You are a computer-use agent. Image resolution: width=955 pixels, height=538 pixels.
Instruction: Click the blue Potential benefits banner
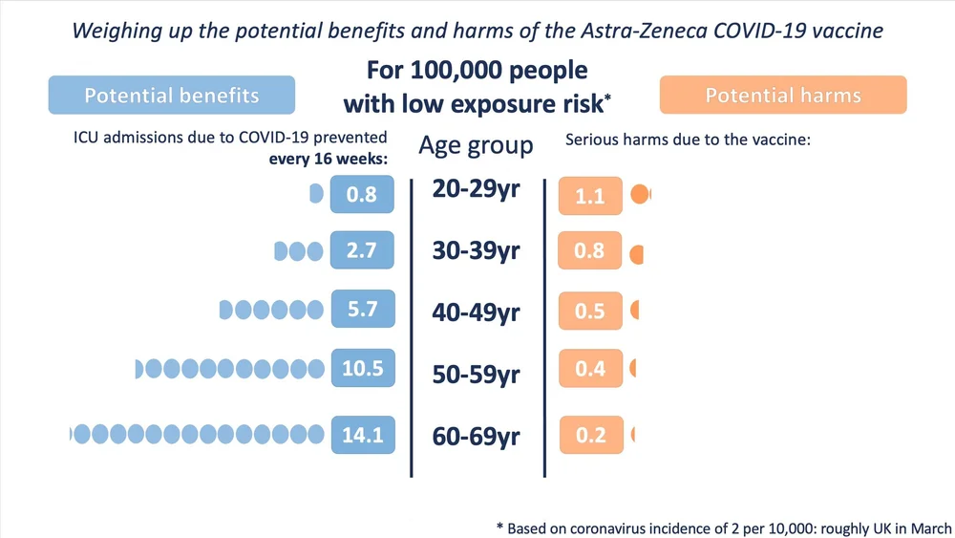point(172,96)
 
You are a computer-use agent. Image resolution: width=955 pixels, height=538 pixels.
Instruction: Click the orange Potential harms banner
point(783,96)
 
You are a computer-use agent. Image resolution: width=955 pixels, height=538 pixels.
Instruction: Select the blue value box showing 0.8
point(362,195)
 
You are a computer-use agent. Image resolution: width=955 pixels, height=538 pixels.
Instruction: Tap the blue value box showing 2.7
point(362,252)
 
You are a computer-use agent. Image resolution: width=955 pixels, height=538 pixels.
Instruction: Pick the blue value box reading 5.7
point(362,310)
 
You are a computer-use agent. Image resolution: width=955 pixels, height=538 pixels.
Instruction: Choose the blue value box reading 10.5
point(362,368)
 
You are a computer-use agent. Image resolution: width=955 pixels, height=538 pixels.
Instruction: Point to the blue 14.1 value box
point(362,435)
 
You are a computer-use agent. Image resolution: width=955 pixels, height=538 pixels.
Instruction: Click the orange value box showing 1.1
point(590,196)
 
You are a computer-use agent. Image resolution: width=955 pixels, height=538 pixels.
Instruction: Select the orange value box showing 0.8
point(590,251)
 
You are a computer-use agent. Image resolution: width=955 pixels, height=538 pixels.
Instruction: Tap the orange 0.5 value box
point(590,311)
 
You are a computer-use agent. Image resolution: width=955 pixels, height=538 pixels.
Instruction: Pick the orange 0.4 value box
point(590,368)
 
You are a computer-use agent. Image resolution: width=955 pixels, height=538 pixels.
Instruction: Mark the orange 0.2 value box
point(590,435)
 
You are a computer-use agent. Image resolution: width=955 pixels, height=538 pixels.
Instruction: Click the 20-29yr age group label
point(476,189)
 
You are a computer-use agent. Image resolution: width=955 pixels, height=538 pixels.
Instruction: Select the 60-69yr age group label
point(476,437)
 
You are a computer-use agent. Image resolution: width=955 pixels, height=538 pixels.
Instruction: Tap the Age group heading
point(476,146)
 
